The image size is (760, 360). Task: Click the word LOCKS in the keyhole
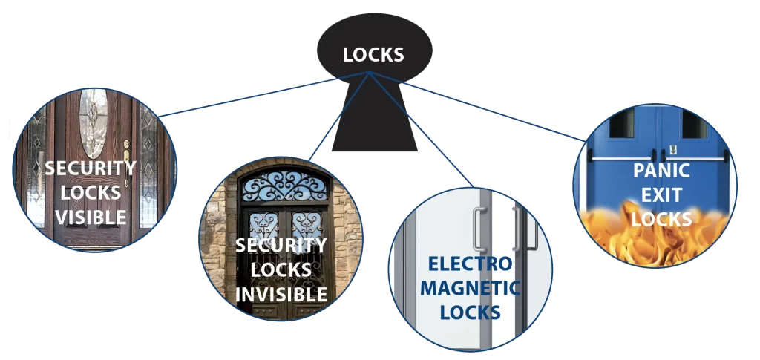(373, 54)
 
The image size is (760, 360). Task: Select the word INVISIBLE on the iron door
(281, 294)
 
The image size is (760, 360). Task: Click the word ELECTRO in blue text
(470, 264)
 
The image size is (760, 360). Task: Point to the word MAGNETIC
(470, 288)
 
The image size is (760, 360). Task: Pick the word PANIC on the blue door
(661, 170)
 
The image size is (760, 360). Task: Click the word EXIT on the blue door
(661, 194)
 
